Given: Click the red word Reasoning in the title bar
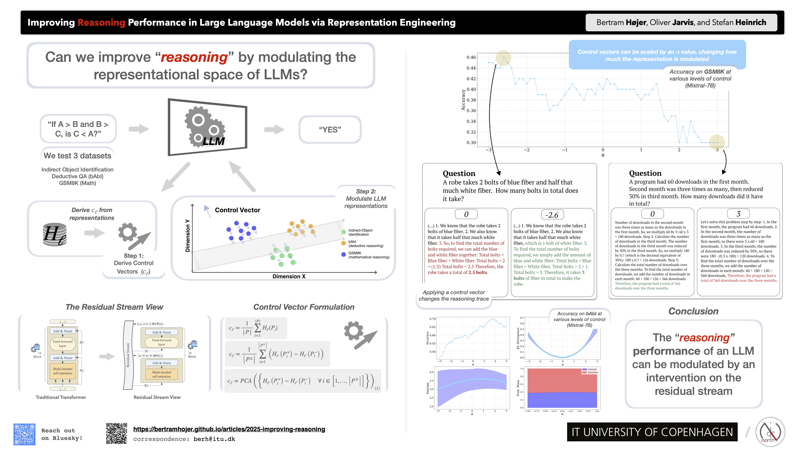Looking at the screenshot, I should click(101, 22).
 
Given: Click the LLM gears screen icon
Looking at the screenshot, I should click(208, 127).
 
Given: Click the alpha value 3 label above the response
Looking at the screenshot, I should click(738, 214).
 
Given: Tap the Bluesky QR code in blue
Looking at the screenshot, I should click(24, 434).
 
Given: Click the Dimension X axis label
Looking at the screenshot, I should click(289, 276).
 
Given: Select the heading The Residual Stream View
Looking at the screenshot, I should click(114, 307).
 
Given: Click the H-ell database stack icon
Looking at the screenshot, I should click(55, 234).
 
